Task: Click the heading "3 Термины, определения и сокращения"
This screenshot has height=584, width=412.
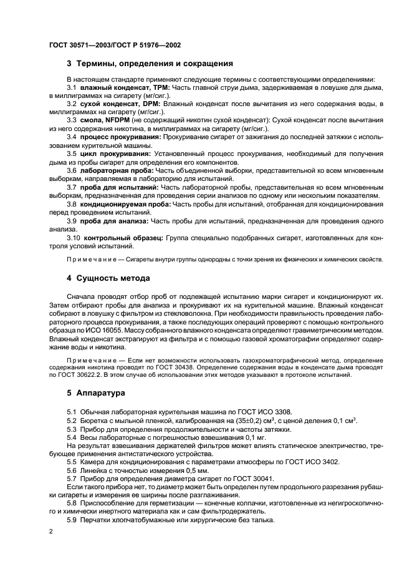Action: click(x=150, y=64)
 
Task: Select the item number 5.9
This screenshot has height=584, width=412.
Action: click(x=73, y=520)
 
